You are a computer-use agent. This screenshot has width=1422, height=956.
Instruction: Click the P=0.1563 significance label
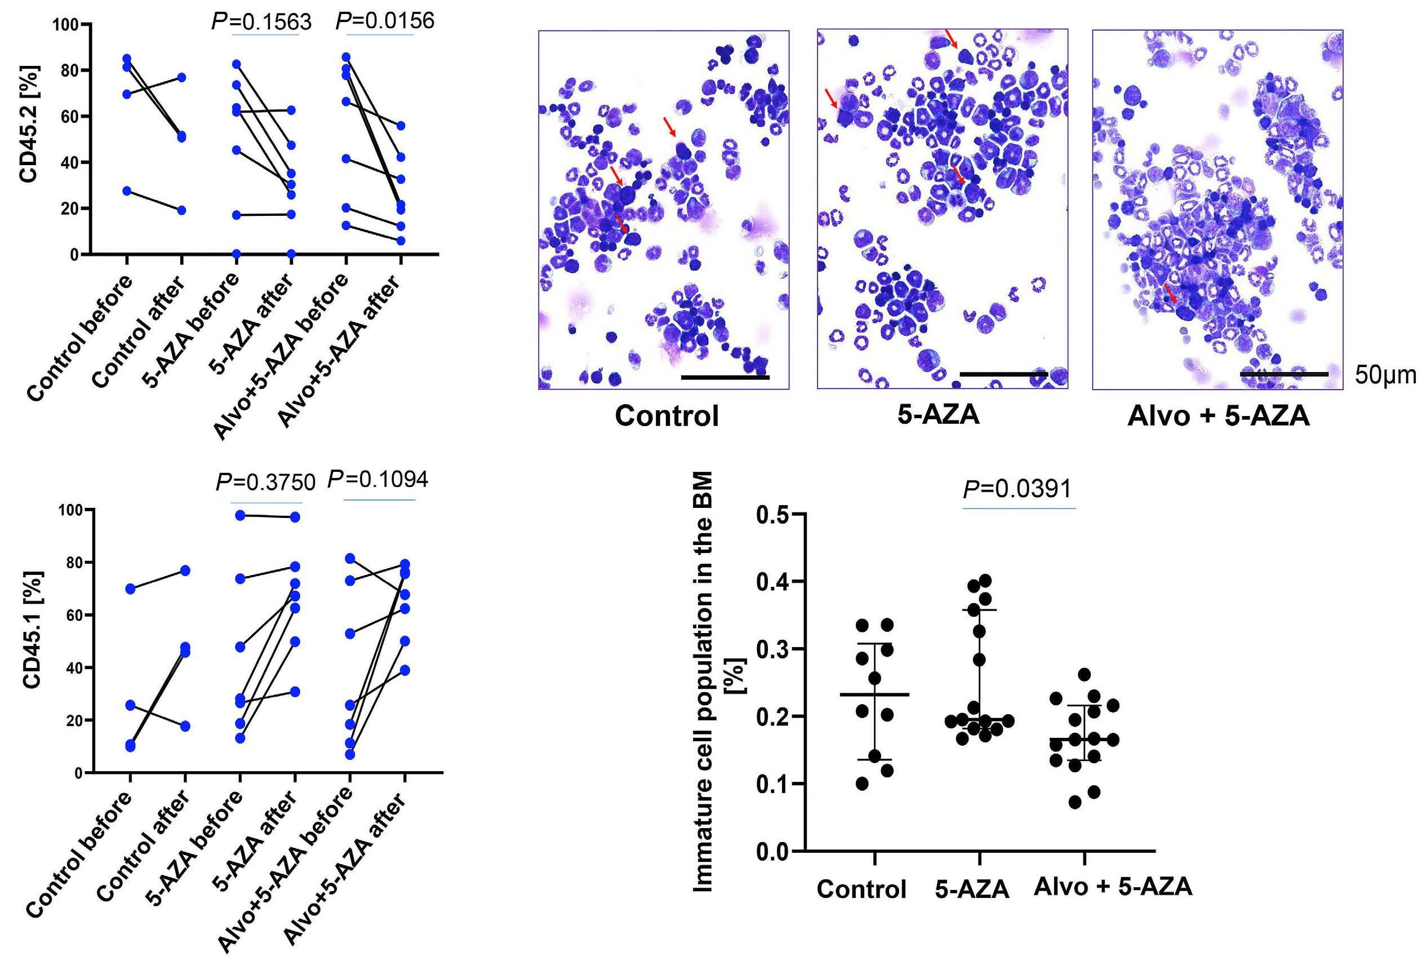(x=261, y=22)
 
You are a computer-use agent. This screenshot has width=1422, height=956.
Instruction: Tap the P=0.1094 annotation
(x=377, y=480)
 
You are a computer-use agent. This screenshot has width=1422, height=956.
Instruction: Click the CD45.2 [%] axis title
(x=29, y=124)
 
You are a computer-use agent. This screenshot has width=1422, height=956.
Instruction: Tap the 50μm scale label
(x=1385, y=375)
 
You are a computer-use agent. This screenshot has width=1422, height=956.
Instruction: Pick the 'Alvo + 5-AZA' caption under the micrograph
(x=1219, y=417)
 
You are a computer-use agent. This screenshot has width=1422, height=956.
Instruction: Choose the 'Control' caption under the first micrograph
(x=666, y=417)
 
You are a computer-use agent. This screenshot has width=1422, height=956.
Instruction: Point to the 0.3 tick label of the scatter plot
(x=772, y=649)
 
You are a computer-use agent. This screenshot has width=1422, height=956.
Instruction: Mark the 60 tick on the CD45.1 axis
(x=74, y=615)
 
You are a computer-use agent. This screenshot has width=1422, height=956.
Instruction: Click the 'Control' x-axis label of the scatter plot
(x=861, y=889)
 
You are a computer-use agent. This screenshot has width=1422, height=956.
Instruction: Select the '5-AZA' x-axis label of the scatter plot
(x=972, y=889)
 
